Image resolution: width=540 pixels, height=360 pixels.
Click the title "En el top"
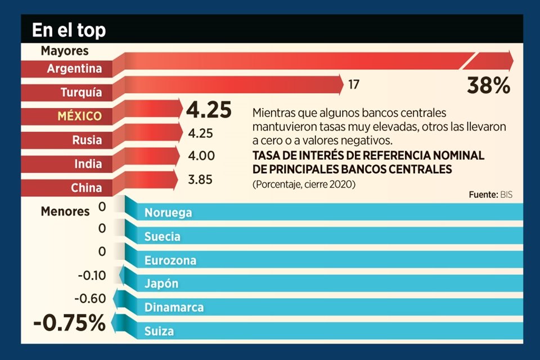tap(69, 30)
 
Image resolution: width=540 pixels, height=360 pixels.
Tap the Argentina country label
tap(74, 69)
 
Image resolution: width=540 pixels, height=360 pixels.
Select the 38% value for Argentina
tap(488, 85)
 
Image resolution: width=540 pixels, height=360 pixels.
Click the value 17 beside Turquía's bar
tap(353, 85)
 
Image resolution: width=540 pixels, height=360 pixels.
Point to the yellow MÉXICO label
tap(79, 116)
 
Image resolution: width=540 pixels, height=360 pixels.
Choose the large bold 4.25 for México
tap(209, 110)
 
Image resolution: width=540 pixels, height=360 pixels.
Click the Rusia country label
tap(87, 140)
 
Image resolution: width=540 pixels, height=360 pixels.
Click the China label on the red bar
tap(86, 188)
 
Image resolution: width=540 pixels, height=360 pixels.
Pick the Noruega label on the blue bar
tap(168, 213)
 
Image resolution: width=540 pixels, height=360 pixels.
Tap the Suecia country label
tap(162, 237)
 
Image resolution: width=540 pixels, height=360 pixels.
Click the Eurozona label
tap(170, 260)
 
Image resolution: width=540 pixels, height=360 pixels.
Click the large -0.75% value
tap(69, 323)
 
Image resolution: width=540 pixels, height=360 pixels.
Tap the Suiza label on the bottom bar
tap(159, 331)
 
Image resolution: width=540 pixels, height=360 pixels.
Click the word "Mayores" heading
tap(65, 51)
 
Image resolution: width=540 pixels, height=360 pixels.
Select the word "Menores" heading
tap(65, 211)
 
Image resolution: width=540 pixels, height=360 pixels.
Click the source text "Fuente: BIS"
tap(490, 195)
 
